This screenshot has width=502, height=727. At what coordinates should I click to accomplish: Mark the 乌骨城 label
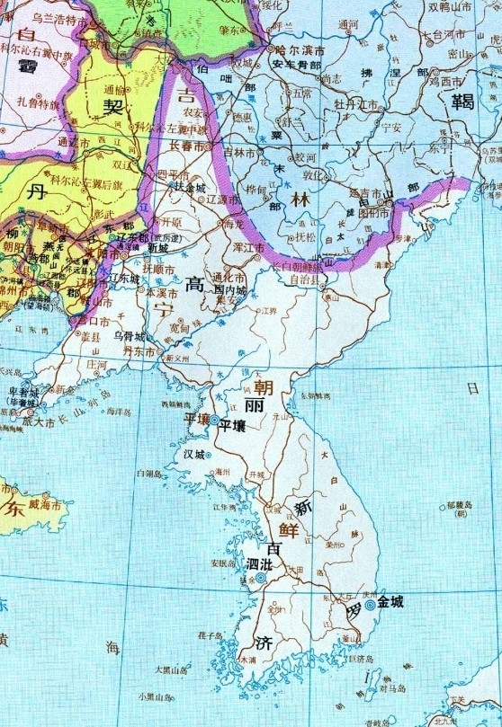[x=129, y=335]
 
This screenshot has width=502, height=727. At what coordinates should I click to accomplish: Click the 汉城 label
[x=195, y=455]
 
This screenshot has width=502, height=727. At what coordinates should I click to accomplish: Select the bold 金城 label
[x=390, y=601]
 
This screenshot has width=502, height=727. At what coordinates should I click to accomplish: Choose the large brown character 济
[x=263, y=643]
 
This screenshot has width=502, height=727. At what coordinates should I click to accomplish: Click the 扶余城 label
[x=196, y=187]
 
